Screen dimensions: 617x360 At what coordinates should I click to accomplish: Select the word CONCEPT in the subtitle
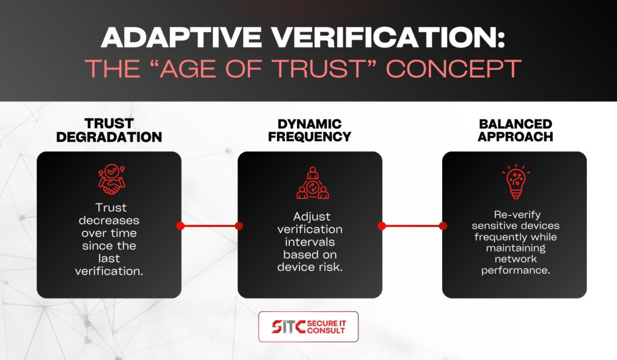(454, 69)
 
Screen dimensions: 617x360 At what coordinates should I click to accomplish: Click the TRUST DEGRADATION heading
(109, 130)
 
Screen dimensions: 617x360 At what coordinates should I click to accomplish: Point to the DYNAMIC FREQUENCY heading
(310, 130)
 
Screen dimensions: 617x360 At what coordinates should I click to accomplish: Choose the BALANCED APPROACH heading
(516, 130)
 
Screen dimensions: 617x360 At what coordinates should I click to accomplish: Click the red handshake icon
(111, 179)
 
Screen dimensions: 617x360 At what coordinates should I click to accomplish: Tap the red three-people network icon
(313, 183)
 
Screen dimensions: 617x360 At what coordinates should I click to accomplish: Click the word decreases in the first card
(109, 220)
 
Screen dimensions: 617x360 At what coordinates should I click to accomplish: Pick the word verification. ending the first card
(109, 271)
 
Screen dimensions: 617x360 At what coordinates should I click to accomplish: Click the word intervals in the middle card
(310, 242)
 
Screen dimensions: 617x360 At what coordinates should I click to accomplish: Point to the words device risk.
(310, 267)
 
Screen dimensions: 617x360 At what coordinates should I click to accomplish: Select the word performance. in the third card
(516, 270)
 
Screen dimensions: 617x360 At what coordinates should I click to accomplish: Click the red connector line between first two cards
(210, 226)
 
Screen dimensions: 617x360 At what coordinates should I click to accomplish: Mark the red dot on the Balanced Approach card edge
(443, 226)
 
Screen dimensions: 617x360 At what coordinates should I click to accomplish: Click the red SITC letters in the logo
(289, 326)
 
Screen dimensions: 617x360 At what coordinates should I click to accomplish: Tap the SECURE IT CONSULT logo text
(326, 327)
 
